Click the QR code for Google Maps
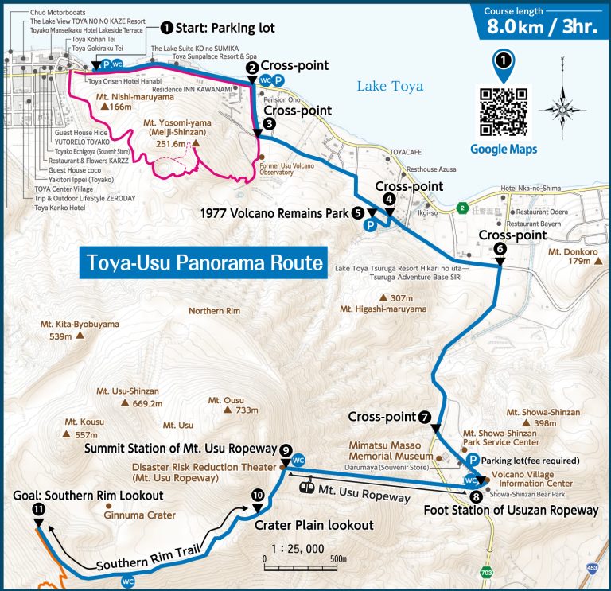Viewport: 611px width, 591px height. [504, 112]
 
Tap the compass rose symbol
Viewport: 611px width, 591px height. [562, 110]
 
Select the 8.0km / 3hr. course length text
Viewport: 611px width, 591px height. [540, 25]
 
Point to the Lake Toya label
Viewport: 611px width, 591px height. [390, 86]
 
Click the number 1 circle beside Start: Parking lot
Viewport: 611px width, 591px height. [166, 28]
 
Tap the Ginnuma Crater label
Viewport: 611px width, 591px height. [139, 515]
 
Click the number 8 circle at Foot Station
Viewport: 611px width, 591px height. [476, 497]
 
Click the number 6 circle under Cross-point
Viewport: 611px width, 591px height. [500, 249]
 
